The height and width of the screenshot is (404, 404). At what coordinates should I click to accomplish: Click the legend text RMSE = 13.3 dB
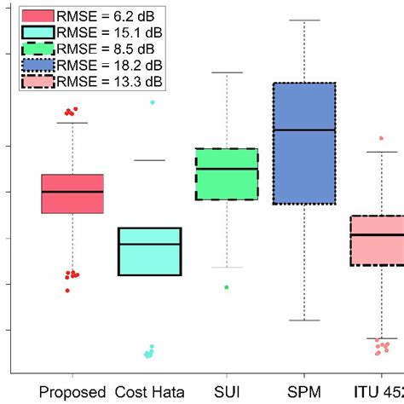pyautogui.click(x=110, y=81)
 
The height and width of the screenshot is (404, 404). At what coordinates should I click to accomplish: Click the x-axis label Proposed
pyautogui.click(x=72, y=392)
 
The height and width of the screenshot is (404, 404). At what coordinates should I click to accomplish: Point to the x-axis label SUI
pyautogui.click(x=227, y=392)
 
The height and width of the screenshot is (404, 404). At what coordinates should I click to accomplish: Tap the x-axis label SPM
pyautogui.click(x=303, y=392)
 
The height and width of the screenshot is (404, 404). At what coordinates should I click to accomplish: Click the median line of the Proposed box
pyautogui.click(x=72, y=192)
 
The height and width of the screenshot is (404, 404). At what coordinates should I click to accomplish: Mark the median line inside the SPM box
pyautogui.click(x=303, y=130)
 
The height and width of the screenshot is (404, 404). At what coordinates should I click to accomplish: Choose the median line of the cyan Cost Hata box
pyautogui.click(x=149, y=244)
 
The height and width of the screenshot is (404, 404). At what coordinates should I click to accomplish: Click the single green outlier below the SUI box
pyautogui.click(x=227, y=287)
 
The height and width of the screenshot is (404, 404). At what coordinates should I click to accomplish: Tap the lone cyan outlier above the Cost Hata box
pyautogui.click(x=153, y=102)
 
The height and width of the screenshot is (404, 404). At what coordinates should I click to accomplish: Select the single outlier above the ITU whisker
pyautogui.click(x=381, y=137)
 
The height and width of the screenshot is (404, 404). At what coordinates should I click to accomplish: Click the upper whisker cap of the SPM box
pyautogui.click(x=303, y=19)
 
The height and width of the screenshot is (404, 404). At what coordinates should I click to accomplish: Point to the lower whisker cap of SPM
pyautogui.click(x=303, y=320)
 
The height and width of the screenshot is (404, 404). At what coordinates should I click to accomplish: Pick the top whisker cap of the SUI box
pyautogui.click(x=227, y=73)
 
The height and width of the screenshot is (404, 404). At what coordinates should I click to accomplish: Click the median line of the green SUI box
pyautogui.click(x=227, y=169)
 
